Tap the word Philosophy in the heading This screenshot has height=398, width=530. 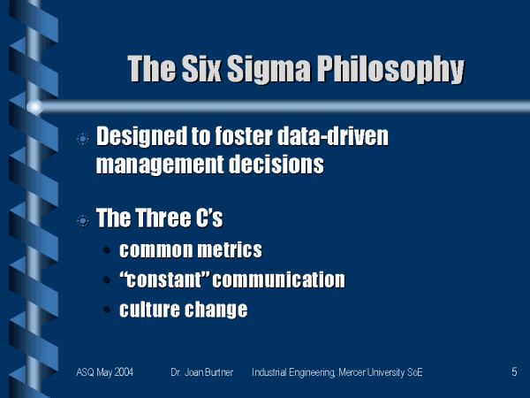390,70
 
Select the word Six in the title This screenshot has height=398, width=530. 201,68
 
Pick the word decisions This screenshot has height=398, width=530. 276,165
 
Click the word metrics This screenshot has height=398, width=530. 230,249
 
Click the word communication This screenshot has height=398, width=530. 279,279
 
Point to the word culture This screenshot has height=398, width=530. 149,309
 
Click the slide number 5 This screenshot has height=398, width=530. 514,372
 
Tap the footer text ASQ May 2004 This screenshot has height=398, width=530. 105,372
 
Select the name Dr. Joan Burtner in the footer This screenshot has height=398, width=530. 201,372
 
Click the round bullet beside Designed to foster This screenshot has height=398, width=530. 83,139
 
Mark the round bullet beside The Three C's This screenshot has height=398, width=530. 83,221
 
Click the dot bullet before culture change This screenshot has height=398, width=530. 107,310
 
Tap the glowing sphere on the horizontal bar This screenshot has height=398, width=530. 34,107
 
